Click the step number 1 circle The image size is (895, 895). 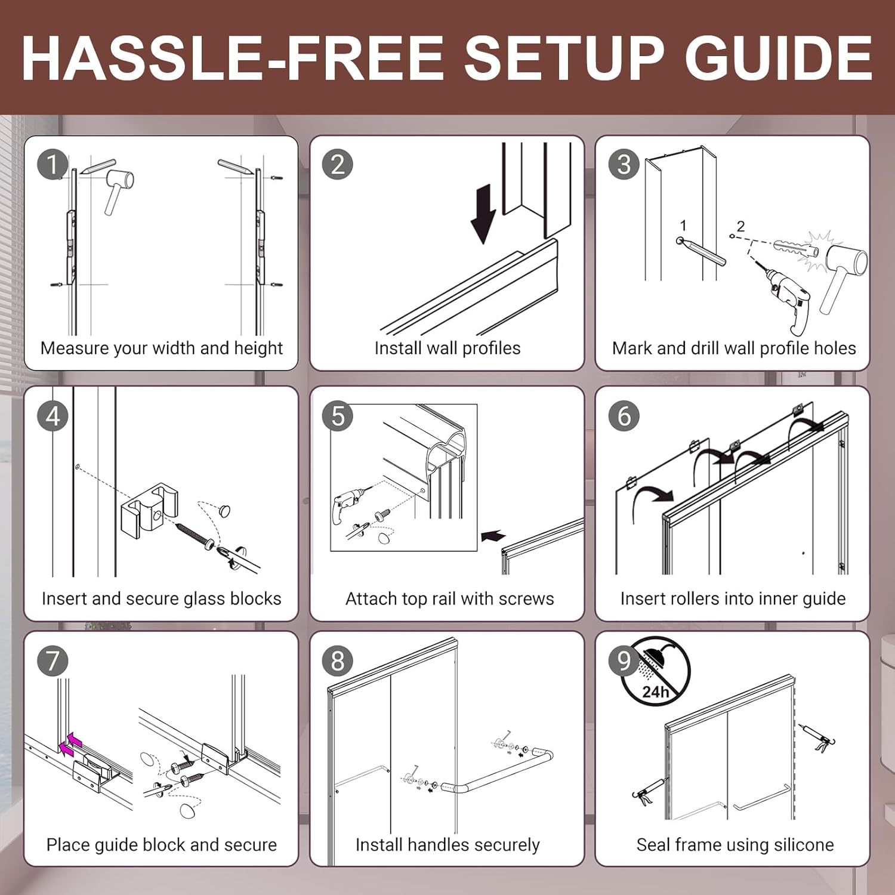click(x=53, y=165)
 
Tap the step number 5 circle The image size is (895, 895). click(x=338, y=416)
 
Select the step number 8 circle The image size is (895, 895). click(x=338, y=661)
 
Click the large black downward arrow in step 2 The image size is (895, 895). click(x=483, y=214)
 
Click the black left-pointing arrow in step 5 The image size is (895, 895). click(x=493, y=536)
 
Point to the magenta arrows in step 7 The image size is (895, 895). click(x=71, y=743)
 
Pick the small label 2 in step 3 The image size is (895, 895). click(x=740, y=226)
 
